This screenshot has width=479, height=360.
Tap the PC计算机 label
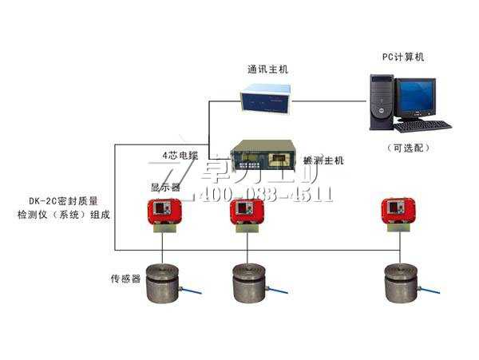click(404, 57)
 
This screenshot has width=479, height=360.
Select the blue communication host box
click(267, 98)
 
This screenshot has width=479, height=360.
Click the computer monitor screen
click(416, 97)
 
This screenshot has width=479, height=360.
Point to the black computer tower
click(382, 101)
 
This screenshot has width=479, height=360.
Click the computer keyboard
click(422, 126)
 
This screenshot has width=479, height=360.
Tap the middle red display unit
click(247, 212)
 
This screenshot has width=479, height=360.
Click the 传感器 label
click(125, 279)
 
